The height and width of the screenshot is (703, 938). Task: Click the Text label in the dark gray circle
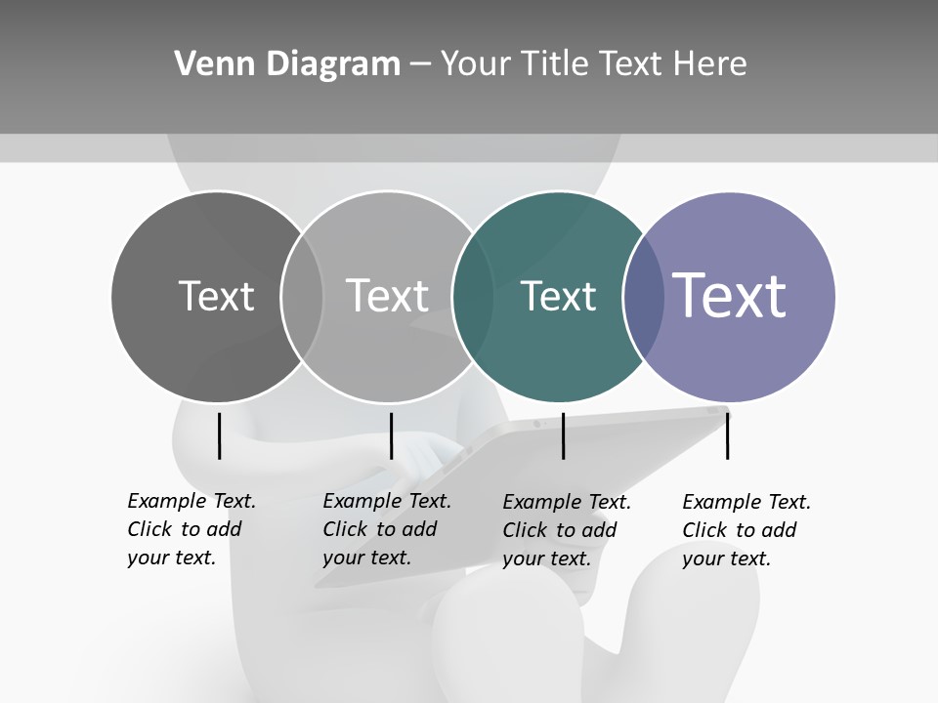tap(216, 296)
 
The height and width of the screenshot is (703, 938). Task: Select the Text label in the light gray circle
tap(387, 296)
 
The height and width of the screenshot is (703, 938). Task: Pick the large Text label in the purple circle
tap(730, 296)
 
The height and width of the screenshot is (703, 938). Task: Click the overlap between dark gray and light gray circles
tap(302, 296)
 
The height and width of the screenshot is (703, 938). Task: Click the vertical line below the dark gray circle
tap(220, 435)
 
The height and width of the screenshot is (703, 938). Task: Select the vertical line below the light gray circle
tap(391, 435)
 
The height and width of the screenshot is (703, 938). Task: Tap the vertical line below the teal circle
tap(563, 435)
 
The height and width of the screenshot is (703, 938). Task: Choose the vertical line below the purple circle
tap(728, 435)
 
